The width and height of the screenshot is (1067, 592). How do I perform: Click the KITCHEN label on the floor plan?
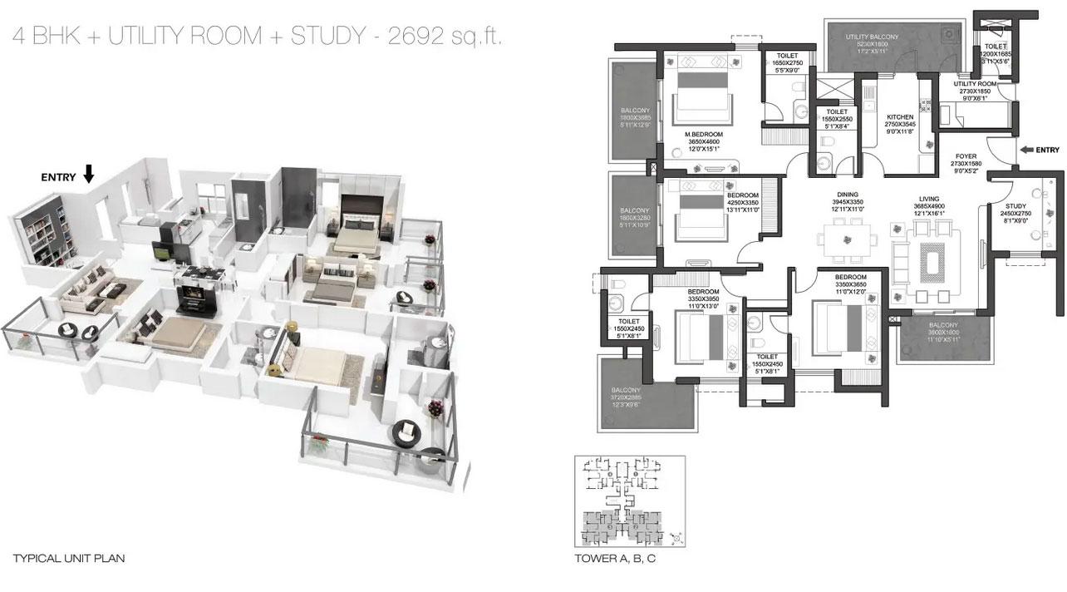click(899, 117)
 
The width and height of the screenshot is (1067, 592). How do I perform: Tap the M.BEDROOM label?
click(703, 134)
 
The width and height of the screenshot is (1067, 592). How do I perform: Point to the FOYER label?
click(966, 155)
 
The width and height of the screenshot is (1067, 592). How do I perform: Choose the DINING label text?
click(847, 194)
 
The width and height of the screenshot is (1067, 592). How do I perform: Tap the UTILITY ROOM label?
click(975, 84)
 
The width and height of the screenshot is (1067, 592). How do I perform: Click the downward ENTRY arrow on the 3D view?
click(90, 173)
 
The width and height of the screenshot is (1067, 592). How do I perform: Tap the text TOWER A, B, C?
click(616, 559)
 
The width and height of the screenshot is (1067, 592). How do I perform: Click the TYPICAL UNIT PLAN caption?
click(69, 559)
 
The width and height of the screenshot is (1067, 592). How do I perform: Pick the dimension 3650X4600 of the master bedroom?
click(703, 142)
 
